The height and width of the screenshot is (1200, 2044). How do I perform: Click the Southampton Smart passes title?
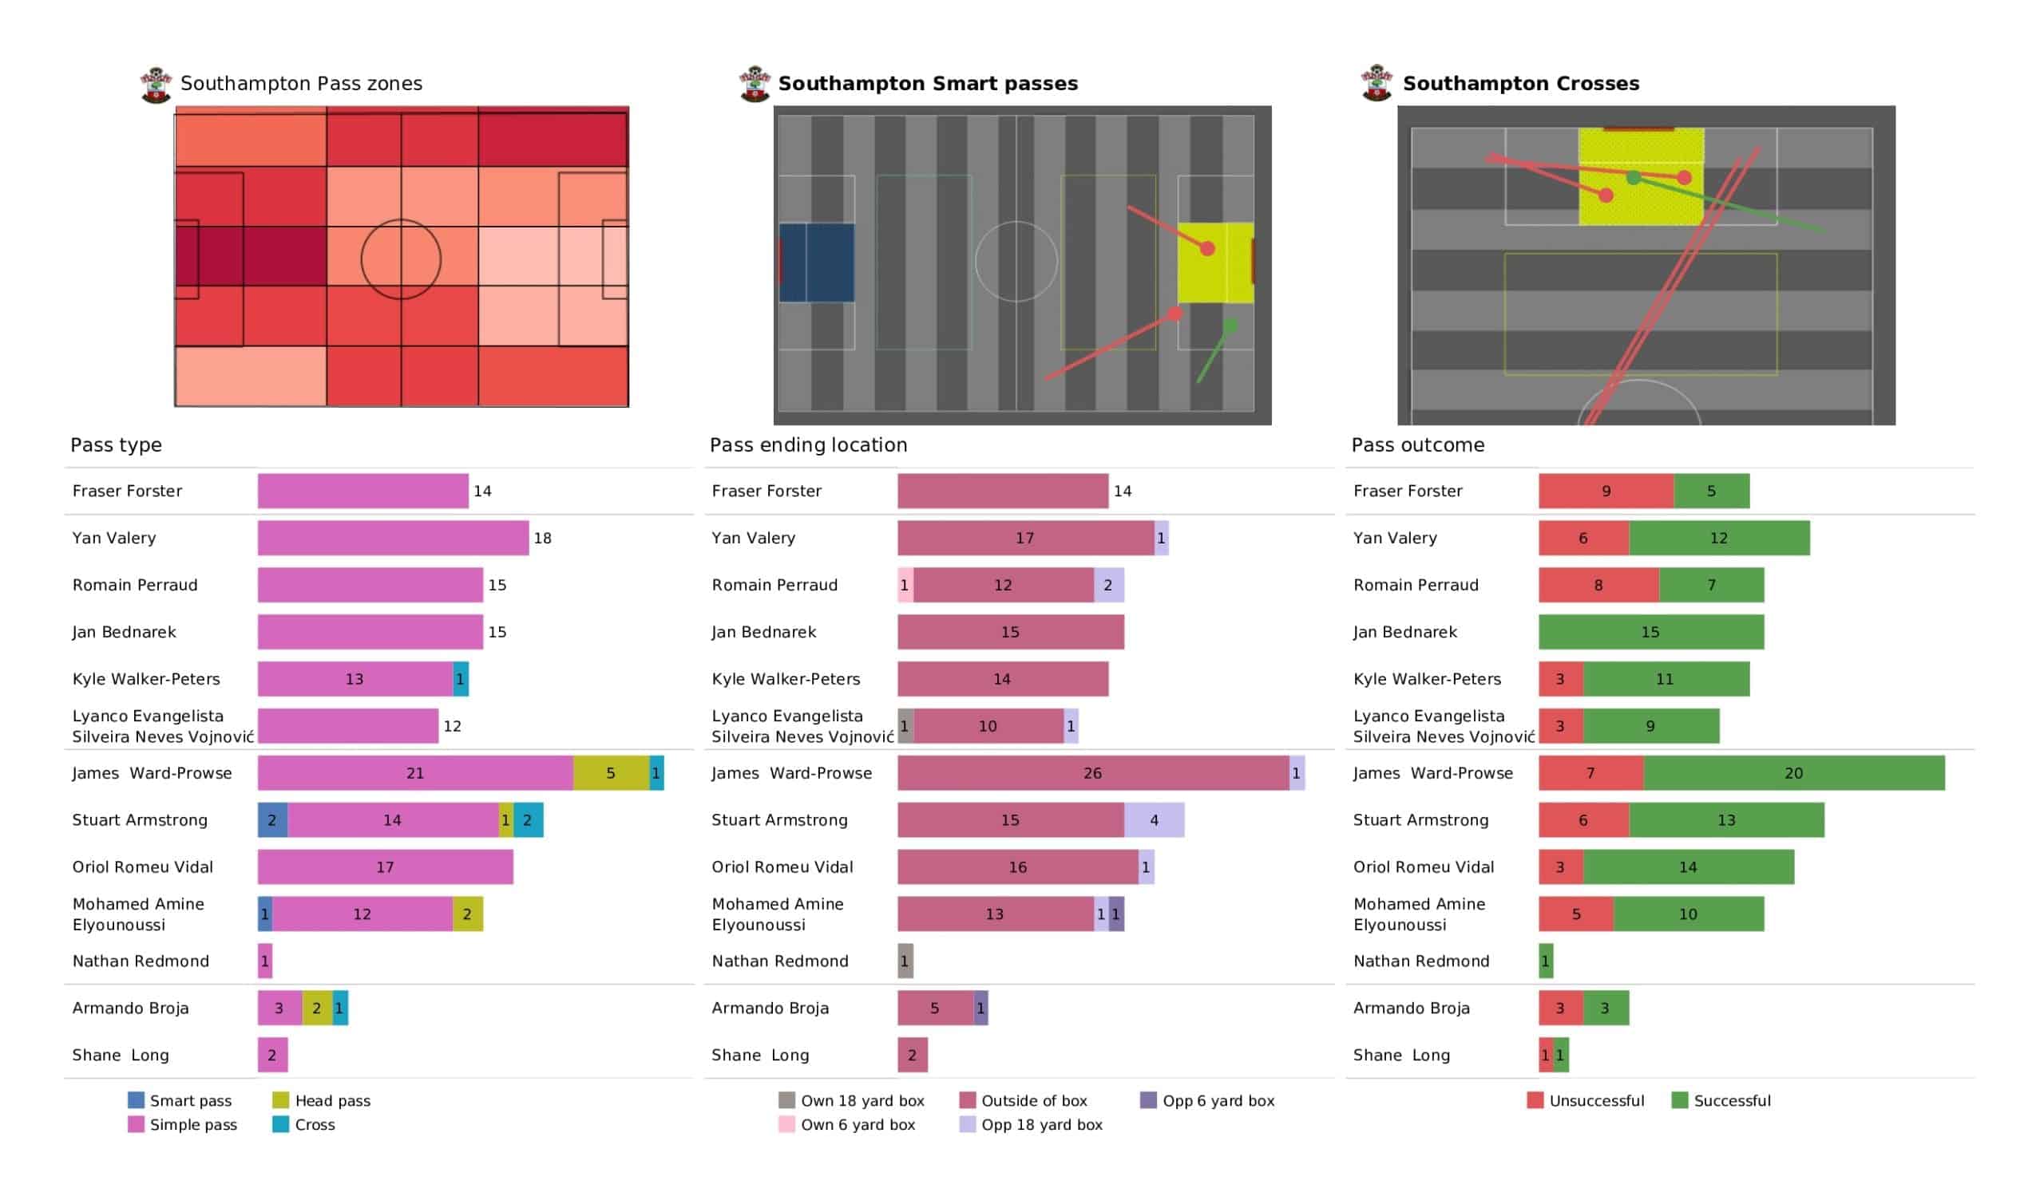pos(927,84)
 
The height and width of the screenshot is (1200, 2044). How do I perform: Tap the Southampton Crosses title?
pos(1520,84)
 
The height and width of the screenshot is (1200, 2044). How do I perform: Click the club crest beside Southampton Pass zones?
pos(156,85)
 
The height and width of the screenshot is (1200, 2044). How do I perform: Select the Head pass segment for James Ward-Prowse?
pos(610,772)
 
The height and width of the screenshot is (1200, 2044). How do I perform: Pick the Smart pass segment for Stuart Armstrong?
pos(271,819)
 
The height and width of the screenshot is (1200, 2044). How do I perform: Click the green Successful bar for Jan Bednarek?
pos(1650,632)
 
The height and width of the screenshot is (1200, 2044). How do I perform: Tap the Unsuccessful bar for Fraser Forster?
pos(1605,491)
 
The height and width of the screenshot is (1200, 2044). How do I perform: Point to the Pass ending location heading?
pos(808,445)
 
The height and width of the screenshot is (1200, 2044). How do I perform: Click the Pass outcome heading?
pos(1417,445)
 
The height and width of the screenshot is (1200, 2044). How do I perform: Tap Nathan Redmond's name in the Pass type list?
pos(141,961)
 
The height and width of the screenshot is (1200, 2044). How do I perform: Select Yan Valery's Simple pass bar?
pos(393,538)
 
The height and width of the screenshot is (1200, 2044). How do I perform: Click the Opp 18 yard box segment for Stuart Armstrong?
pos(1154,819)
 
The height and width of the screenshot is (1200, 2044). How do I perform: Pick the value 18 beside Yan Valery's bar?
pos(542,538)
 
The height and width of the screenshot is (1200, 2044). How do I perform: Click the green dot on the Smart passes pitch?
pos(1230,326)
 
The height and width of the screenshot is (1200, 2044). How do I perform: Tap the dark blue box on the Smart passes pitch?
pos(816,262)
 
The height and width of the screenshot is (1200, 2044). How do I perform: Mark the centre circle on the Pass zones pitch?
pos(401,259)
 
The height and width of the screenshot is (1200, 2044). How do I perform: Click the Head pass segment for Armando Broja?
pos(316,1008)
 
